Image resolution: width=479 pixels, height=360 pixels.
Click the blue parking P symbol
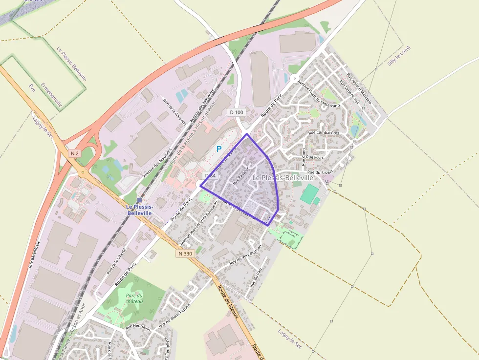pyautogui.click(x=219, y=149)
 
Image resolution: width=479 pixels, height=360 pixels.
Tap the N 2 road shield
pyautogui.click(x=74, y=153)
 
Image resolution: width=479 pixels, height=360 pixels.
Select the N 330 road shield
pyautogui.click(x=185, y=254)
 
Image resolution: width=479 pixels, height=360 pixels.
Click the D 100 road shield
pyautogui.click(x=236, y=112)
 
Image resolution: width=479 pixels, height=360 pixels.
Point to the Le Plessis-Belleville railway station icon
pyautogui.click(x=139, y=200)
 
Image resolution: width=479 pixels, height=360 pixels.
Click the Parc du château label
pyautogui.click(x=134, y=298)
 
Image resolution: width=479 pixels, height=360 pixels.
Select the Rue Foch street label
pyautogui.click(x=314, y=157)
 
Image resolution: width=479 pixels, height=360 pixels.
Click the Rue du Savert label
pyautogui.click(x=320, y=172)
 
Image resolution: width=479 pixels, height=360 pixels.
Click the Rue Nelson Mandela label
pyautogui.click(x=359, y=88)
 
